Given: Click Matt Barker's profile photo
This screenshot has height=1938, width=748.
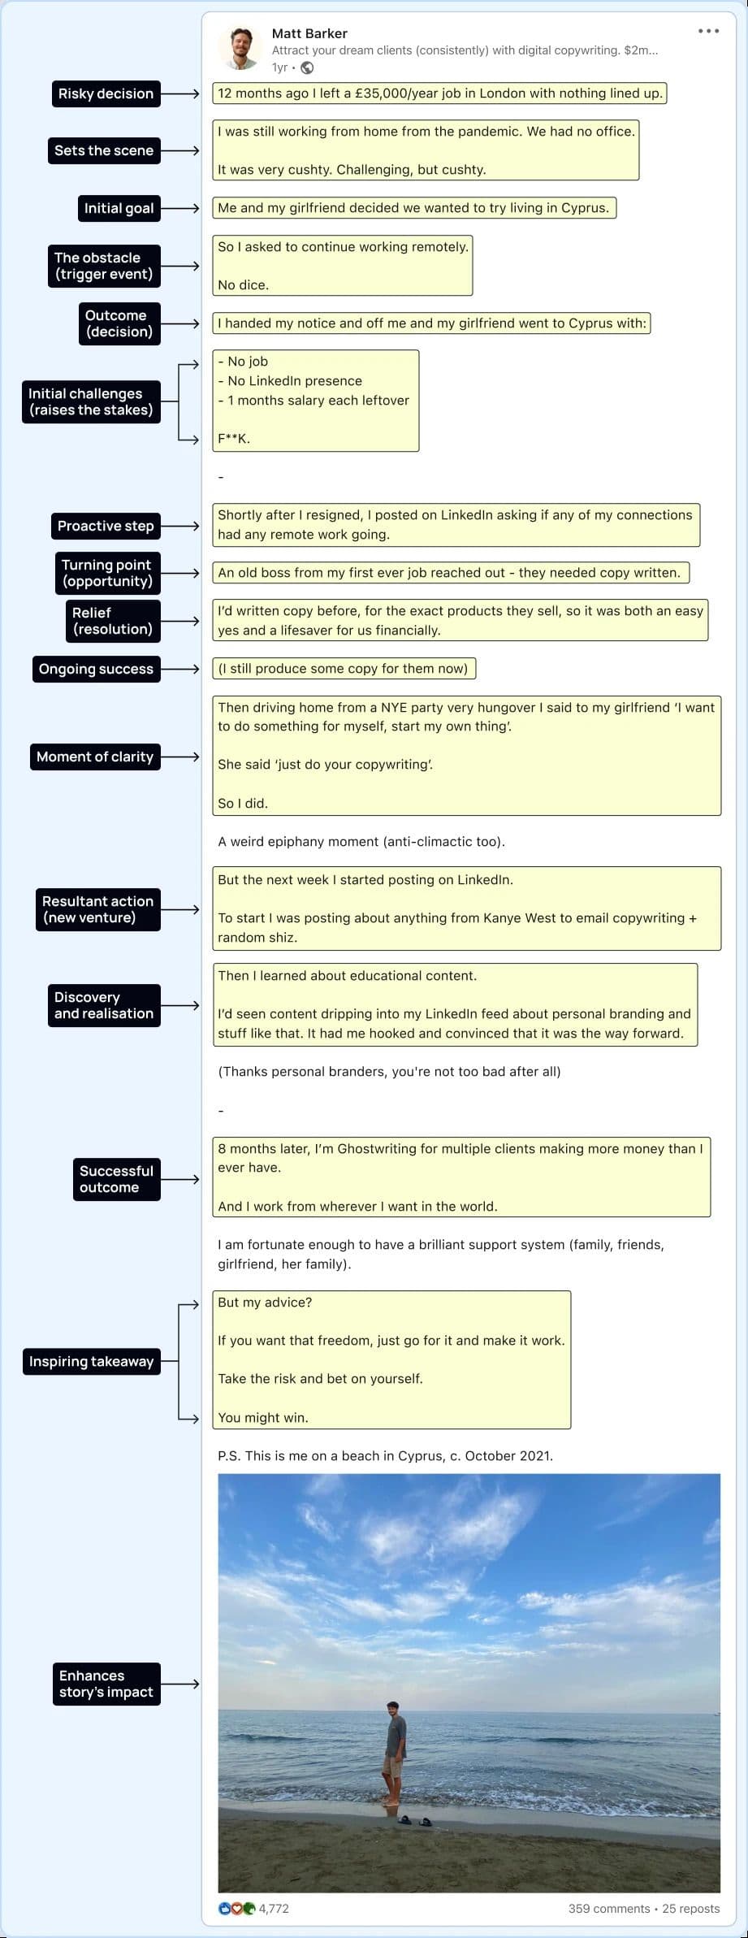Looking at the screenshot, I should (239, 49).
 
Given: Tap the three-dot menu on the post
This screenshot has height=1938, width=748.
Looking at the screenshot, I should (708, 32).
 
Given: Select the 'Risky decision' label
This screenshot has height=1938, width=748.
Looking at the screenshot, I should (106, 93).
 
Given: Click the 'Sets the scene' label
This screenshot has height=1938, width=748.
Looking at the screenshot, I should (104, 150).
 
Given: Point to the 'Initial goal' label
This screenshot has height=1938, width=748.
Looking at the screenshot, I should (119, 208).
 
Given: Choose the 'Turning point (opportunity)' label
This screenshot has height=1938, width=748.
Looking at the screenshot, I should (107, 573).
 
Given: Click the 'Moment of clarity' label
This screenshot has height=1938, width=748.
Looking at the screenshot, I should (95, 757).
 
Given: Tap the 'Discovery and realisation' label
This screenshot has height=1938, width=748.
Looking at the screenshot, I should (104, 1005).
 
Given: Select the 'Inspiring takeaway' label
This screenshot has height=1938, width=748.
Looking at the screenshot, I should (91, 1361).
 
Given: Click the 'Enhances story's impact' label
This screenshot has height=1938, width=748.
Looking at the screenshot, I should (106, 1684).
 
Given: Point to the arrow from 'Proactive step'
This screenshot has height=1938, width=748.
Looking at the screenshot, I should (180, 526).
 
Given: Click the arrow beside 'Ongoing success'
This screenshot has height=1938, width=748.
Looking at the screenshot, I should (180, 669).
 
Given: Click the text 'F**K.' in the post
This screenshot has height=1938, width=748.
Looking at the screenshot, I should (234, 439).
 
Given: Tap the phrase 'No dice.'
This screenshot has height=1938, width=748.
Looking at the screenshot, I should (243, 285).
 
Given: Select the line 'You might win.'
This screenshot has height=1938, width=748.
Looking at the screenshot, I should (262, 1417).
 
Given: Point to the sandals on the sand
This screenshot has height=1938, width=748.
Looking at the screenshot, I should (414, 1821).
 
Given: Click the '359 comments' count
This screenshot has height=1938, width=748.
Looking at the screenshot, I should (608, 1909).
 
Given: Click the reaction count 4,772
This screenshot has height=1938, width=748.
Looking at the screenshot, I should (274, 1909).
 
